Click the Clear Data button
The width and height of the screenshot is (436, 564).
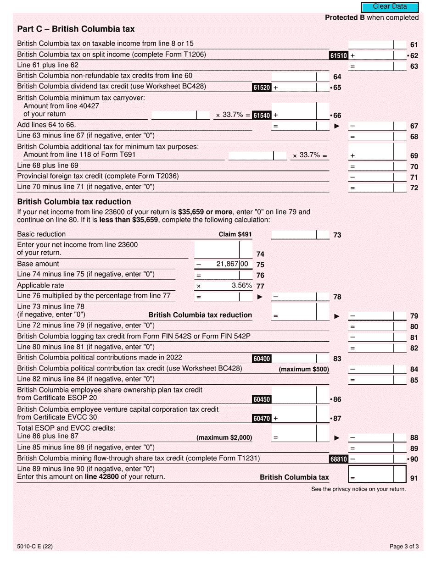click(x=390, y=7)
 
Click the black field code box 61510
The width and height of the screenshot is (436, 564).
click(x=339, y=55)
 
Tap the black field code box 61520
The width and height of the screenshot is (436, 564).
click(x=262, y=87)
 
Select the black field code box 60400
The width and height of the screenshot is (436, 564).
click(x=262, y=359)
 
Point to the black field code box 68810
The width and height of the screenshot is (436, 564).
click(x=339, y=459)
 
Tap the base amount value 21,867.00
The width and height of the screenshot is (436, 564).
click(x=232, y=264)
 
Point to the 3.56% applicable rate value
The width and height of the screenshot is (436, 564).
click(x=241, y=286)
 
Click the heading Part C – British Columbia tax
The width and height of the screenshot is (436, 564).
click(x=76, y=29)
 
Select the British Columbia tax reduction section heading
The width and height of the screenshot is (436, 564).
click(x=74, y=202)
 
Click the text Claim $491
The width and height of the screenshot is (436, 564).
click(x=235, y=235)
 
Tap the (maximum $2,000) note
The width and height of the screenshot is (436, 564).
click(x=224, y=438)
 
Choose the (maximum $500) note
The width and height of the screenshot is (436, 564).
click(x=303, y=370)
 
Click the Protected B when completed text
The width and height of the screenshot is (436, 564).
click(x=372, y=17)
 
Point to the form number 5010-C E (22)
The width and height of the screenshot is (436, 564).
click(x=34, y=546)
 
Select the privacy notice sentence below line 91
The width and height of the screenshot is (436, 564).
click(x=358, y=489)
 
